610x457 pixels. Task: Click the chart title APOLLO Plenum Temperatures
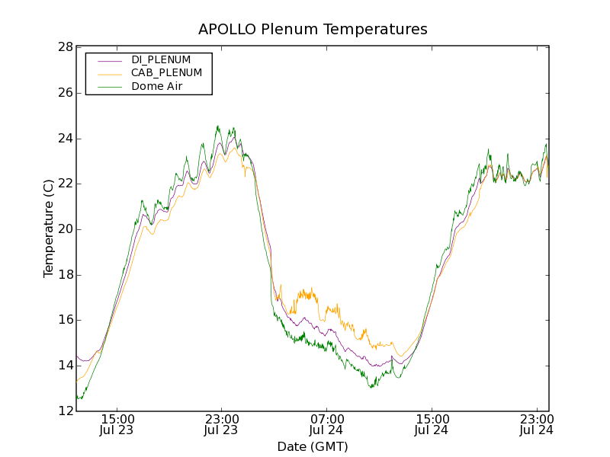tap(313, 29)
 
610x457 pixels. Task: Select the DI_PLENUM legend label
tap(161, 59)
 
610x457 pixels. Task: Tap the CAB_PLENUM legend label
tap(166, 73)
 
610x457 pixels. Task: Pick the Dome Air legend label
tap(157, 87)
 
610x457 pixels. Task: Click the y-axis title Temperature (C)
tap(49, 228)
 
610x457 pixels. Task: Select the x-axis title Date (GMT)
tap(313, 446)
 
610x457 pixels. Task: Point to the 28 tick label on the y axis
tap(66, 47)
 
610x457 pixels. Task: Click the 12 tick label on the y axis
tap(66, 411)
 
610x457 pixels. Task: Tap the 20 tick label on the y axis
tap(66, 229)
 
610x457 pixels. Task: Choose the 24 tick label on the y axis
tap(66, 139)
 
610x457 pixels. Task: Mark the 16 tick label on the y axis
tap(66, 320)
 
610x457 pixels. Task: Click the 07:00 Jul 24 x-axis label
tap(327, 424)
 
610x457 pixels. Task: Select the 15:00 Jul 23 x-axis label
tap(117, 424)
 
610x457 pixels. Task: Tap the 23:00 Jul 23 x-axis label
tap(222, 424)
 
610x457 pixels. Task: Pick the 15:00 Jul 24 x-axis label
tap(432, 424)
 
